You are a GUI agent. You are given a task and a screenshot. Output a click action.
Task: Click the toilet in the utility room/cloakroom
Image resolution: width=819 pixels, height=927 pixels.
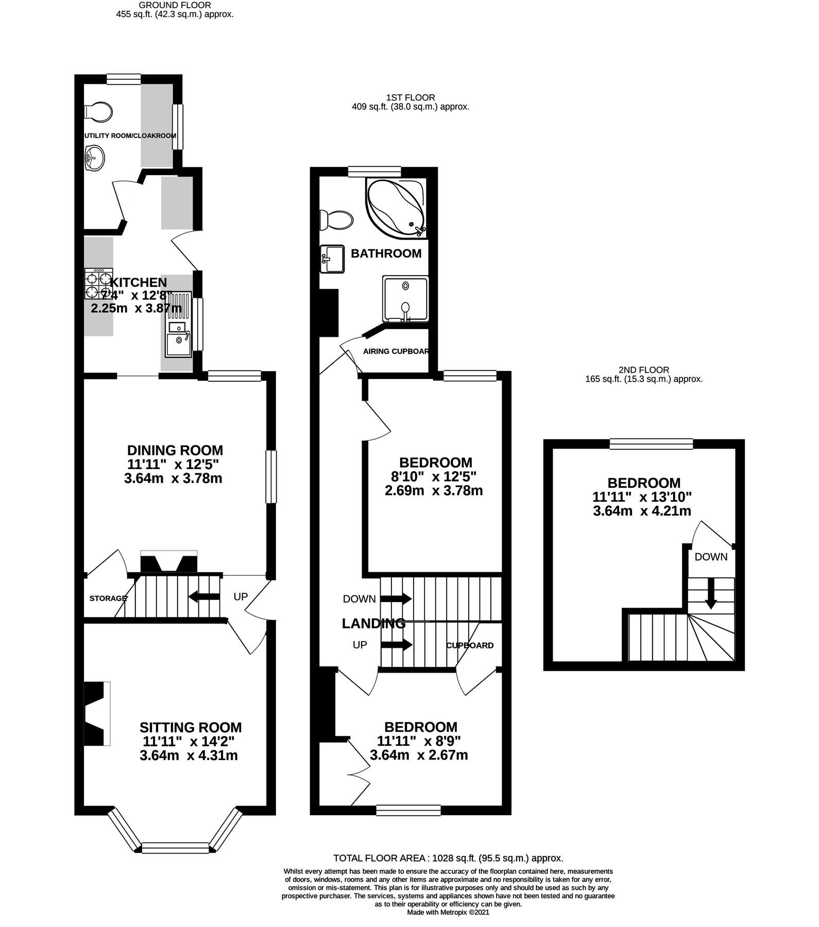[98, 111]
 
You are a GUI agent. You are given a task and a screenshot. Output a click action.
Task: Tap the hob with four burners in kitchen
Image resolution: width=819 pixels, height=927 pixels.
[98, 284]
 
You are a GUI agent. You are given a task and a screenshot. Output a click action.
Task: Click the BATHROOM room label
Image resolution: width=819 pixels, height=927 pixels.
[386, 253]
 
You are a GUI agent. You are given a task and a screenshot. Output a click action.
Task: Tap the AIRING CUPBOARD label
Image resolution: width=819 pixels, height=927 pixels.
[396, 351]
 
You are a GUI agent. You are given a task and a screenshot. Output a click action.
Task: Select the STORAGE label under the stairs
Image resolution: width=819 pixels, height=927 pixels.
[108, 598]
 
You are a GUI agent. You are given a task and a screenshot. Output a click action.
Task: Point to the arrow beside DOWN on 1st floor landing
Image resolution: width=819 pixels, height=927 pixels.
[396, 598]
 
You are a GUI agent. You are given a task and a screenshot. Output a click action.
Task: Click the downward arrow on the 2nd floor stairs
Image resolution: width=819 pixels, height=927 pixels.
[711, 594]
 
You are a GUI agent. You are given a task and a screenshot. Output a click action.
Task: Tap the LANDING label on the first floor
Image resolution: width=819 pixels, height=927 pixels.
[373, 624]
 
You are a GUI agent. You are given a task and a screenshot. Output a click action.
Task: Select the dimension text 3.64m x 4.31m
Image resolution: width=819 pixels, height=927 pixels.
[189, 756]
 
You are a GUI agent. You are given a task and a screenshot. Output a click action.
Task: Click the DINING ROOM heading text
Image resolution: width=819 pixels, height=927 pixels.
[175, 450]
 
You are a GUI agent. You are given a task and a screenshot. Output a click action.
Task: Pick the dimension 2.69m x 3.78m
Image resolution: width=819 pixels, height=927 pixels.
[434, 490]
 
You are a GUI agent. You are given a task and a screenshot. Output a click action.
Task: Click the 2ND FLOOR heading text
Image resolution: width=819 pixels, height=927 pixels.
[644, 370]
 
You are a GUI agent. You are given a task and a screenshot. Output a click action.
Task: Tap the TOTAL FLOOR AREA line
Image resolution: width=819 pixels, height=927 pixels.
[448, 858]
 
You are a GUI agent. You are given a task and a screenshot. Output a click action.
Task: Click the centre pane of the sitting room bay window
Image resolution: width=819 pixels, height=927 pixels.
[175, 848]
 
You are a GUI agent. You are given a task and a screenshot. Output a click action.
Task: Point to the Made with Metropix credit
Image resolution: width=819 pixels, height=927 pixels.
[448, 912]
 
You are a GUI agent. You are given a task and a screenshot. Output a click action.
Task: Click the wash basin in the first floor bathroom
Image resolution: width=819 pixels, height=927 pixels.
[332, 259]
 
